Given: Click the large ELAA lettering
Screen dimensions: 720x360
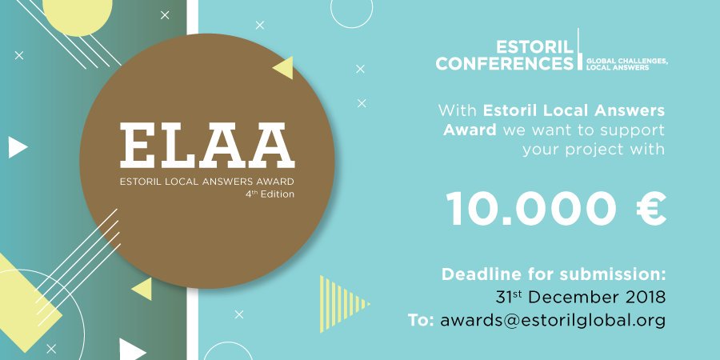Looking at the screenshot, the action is [207, 146].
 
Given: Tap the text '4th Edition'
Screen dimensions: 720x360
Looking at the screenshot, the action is [270, 194].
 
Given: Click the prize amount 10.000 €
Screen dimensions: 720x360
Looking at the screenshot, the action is [556, 208].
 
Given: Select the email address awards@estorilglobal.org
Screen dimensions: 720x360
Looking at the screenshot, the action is [552, 321].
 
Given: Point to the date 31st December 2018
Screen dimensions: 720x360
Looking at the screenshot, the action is [581, 297].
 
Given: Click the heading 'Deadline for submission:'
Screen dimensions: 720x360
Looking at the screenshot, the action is [554, 274].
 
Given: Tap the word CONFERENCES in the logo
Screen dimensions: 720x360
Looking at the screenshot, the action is [505, 63].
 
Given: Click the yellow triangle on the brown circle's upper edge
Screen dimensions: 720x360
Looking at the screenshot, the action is [285, 67].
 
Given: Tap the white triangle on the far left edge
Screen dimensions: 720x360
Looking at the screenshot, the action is [18, 147].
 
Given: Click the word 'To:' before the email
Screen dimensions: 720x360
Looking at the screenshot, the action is [421, 321].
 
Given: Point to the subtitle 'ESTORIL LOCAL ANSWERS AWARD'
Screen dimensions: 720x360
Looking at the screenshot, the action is [206, 181].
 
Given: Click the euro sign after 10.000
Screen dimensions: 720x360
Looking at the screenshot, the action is [651, 208].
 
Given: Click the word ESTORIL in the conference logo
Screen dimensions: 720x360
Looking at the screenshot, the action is [535, 47].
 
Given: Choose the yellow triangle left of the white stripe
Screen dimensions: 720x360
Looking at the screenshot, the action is [143, 289].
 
